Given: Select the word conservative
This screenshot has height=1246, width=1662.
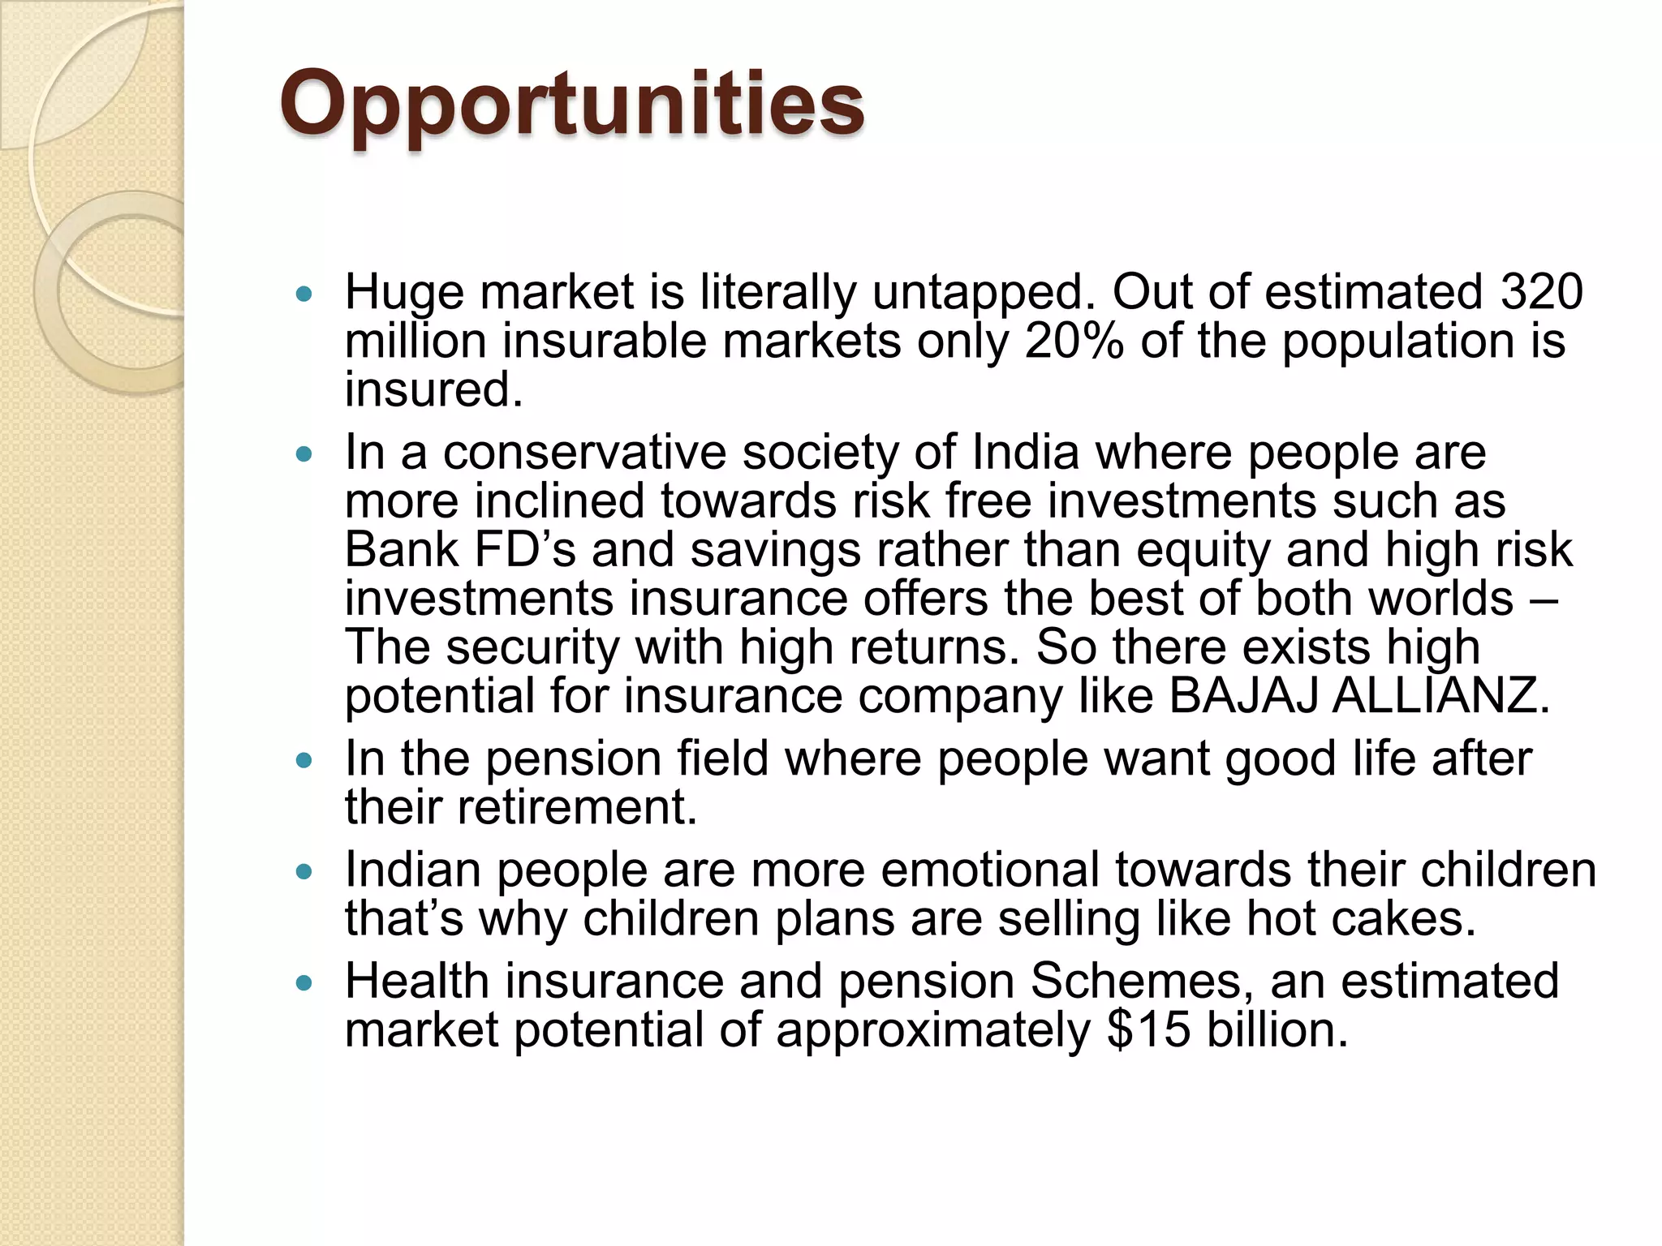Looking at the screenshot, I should tap(584, 452).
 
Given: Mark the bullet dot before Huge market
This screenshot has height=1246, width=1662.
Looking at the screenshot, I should tap(304, 294).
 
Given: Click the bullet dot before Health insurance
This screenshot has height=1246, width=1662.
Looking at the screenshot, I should tap(304, 983).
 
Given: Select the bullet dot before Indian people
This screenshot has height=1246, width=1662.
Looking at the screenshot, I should tap(304, 872).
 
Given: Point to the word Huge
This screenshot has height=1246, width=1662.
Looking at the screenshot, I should tap(404, 293).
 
